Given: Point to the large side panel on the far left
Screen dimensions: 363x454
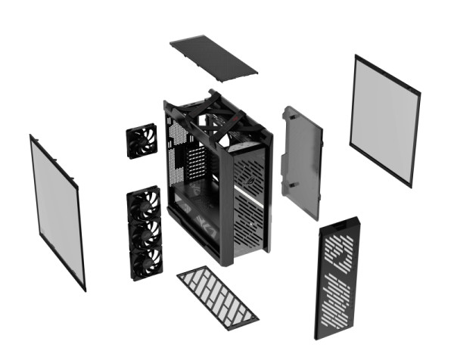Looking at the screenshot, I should pos(58,211).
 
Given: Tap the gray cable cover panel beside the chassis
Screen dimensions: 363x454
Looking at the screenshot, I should pos(301,163).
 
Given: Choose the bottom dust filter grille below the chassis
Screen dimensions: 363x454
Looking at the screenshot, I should pos(216,294).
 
